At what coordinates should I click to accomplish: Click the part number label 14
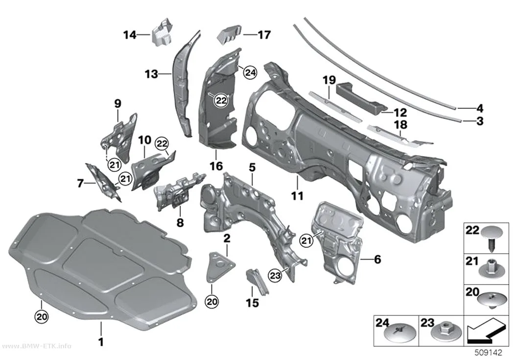[x=130, y=34]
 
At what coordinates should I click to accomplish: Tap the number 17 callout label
[x=264, y=34]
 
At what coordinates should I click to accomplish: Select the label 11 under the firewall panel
[x=297, y=196]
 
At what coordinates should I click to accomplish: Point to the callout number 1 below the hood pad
[x=101, y=342]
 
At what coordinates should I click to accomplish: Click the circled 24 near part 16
[x=250, y=73]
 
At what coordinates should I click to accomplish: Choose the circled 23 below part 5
[x=275, y=276]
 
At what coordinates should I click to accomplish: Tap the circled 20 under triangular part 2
[x=212, y=301]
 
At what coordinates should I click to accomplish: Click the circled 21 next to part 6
[x=306, y=241]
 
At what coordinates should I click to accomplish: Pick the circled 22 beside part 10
[x=162, y=144]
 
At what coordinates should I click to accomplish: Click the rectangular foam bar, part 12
[x=362, y=97]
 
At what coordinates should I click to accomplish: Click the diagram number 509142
[x=489, y=353]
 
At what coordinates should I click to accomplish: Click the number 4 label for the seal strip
[x=480, y=108]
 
